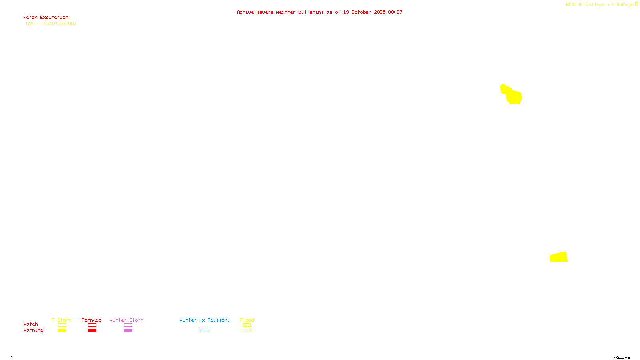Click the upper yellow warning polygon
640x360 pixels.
(513, 96)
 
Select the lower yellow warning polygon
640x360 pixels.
(559, 257)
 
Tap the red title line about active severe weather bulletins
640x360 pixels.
(319, 12)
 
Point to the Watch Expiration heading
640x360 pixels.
(46, 18)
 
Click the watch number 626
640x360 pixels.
(30, 24)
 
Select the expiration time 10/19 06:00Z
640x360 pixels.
(60, 24)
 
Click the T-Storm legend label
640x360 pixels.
(62, 320)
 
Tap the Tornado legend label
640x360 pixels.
(92, 320)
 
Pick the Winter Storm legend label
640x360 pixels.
(126, 320)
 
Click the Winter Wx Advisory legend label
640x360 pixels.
(205, 320)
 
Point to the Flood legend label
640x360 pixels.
(247, 320)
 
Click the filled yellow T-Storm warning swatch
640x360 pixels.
(62, 331)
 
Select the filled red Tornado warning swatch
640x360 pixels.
(92, 331)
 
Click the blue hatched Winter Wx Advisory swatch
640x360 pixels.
(204, 331)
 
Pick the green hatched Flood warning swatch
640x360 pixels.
(247, 331)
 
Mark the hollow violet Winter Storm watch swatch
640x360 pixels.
(128, 325)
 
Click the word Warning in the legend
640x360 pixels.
(34, 330)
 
